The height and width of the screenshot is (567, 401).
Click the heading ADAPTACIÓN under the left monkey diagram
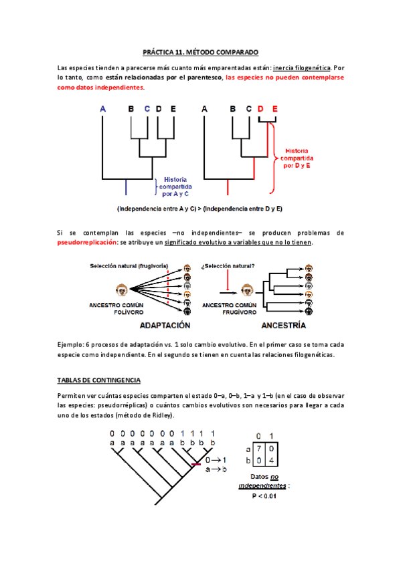(x=164, y=326)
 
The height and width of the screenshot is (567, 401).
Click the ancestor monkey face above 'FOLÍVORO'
(x=123, y=290)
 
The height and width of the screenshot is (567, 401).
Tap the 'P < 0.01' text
(x=264, y=495)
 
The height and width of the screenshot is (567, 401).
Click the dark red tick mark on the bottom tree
(x=195, y=464)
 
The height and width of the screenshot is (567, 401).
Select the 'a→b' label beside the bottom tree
(x=216, y=470)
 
